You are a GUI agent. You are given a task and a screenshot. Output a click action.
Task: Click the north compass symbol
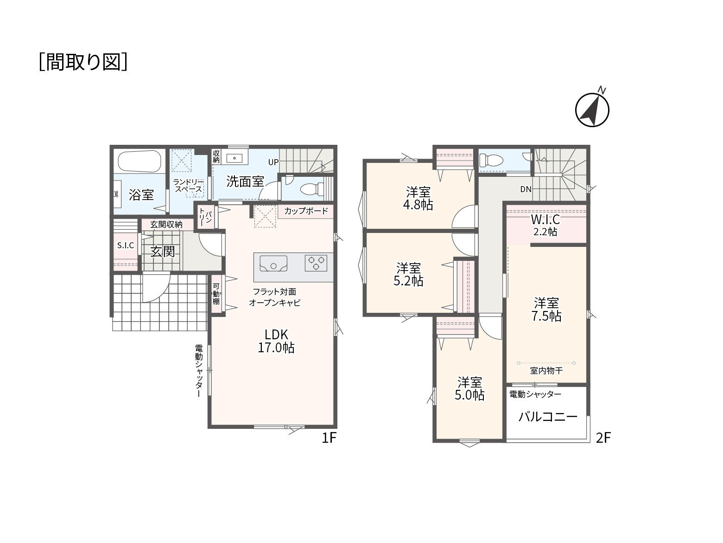[592, 109]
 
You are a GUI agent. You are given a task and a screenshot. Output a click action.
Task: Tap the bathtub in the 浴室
[140, 162]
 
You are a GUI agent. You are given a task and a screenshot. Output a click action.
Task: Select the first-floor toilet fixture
[310, 189]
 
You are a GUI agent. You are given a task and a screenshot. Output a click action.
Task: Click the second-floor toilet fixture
[491, 161]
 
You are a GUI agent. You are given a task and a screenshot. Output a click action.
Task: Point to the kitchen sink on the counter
[273, 264]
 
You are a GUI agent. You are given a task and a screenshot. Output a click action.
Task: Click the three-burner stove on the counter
[316, 263]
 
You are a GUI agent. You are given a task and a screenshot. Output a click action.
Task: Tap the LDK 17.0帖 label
[276, 341]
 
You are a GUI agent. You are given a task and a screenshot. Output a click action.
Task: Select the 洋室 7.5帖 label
[546, 309]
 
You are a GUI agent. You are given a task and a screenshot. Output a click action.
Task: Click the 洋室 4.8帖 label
[418, 198]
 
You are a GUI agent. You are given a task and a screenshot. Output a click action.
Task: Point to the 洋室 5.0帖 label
[469, 389]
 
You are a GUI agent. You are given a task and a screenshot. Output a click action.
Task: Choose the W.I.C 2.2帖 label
[545, 225]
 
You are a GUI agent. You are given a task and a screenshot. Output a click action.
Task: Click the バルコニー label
[548, 417]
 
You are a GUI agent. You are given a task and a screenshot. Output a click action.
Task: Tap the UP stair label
[273, 162]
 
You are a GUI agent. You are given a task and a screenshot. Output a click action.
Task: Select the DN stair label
[526, 189]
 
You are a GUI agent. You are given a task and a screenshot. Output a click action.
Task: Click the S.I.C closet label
[126, 246]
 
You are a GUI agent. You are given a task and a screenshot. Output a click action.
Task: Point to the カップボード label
[306, 211]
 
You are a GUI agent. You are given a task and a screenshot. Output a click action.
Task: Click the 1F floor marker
[329, 438]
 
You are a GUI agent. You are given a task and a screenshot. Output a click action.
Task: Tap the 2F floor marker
[603, 438]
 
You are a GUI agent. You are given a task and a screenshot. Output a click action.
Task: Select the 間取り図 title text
[83, 62]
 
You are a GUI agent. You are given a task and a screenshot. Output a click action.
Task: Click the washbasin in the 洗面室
[235, 158]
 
